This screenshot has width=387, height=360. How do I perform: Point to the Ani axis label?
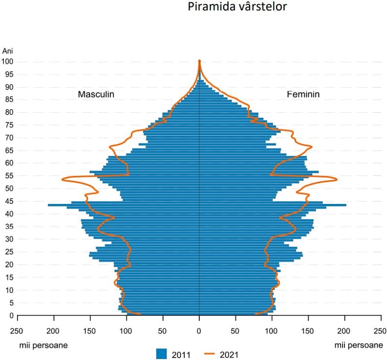pyautogui.click(x=8, y=51)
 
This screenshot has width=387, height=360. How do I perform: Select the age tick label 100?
pyautogui.click(x=8, y=61)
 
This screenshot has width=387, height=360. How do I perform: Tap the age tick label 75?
pyautogui.click(x=10, y=125)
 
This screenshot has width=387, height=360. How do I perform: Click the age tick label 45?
pyautogui.click(x=10, y=201)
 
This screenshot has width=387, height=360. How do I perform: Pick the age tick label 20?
pyautogui.click(x=10, y=264)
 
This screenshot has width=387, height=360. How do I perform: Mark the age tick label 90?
pyautogui.click(x=10, y=87)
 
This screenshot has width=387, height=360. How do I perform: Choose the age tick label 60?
pyautogui.click(x=10, y=163)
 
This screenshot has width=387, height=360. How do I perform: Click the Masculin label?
pyautogui.click(x=96, y=95)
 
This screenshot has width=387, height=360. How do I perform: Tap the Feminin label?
pyautogui.click(x=303, y=95)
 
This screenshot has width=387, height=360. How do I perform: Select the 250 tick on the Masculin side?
pyautogui.click(x=17, y=331)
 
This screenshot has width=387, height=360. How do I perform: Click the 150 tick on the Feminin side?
pyautogui.click(x=309, y=331)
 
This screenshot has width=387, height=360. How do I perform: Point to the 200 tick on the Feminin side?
pyautogui.click(x=345, y=331)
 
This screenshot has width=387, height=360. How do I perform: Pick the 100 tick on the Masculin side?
pyautogui.click(x=126, y=331)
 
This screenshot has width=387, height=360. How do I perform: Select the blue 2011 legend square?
pyautogui.click(x=162, y=354)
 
